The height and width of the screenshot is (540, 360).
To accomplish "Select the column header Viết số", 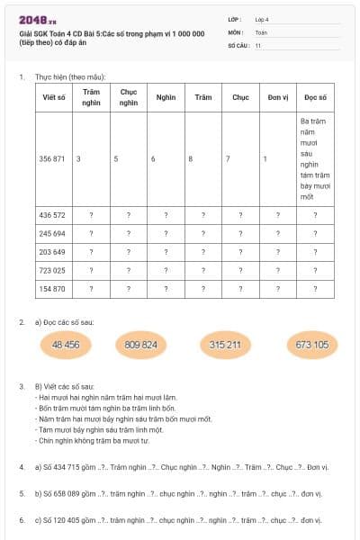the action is point(53,97).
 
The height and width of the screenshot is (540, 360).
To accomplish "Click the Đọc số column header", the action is point(315,97).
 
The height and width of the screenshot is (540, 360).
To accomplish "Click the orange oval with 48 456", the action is point(66,345).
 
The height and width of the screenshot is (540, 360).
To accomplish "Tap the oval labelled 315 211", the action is point(225,345).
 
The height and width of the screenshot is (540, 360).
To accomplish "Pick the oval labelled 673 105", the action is point(311,345).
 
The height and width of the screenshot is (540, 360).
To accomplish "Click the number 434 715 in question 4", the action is point(72,467).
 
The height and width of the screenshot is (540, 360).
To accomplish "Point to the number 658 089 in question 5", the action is point(72,493).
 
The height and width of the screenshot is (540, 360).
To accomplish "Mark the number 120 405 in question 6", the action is point(72,520).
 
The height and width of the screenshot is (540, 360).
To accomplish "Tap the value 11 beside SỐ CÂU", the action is point(258,44).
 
